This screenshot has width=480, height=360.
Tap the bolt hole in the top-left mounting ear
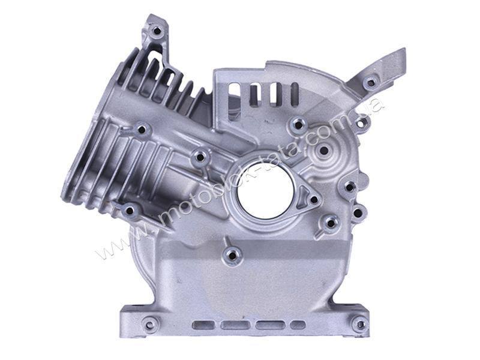click(157, 31)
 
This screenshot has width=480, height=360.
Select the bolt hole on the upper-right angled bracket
click(370, 83)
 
